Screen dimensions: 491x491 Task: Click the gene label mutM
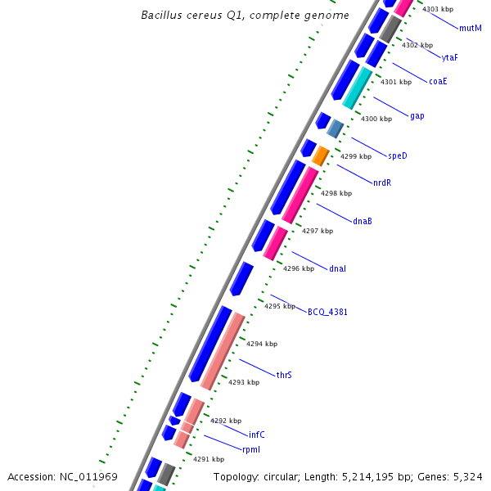(471, 28)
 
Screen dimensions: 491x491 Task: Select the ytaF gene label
(449, 57)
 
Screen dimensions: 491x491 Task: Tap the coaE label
(438, 81)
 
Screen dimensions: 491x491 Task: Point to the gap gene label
(417, 116)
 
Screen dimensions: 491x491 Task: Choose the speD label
(397, 155)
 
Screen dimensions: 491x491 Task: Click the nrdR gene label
(382, 182)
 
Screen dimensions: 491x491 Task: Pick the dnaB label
(363, 221)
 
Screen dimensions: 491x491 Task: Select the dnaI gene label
(337, 268)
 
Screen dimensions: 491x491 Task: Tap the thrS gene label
(284, 375)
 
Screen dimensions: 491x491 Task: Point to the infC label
(256, 435)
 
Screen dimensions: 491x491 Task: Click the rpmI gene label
(250, 450)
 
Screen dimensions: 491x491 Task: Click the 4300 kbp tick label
(376, 119)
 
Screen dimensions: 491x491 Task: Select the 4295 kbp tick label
(280, 306)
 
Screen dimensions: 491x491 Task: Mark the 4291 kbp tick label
(208, 459)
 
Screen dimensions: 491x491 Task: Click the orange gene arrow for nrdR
(321, 155)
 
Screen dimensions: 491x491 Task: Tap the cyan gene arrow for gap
(357, 88)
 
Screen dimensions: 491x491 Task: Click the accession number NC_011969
(88, 476)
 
